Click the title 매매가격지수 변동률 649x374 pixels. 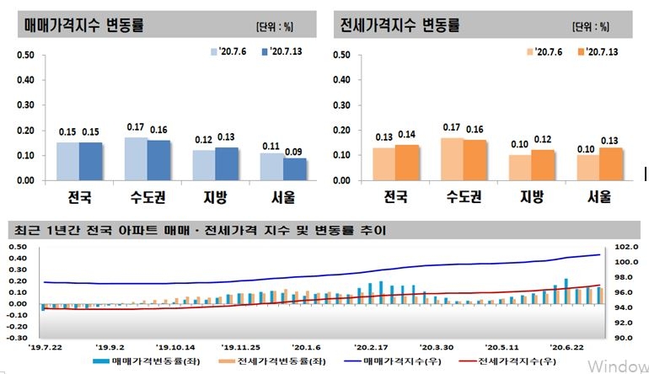click(82, 25)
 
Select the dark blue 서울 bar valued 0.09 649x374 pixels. click(271, 168)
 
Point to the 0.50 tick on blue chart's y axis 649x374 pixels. click(25, 56)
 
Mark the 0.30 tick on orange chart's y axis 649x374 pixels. click(342, 105)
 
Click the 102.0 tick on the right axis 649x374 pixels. click(626, 248)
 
